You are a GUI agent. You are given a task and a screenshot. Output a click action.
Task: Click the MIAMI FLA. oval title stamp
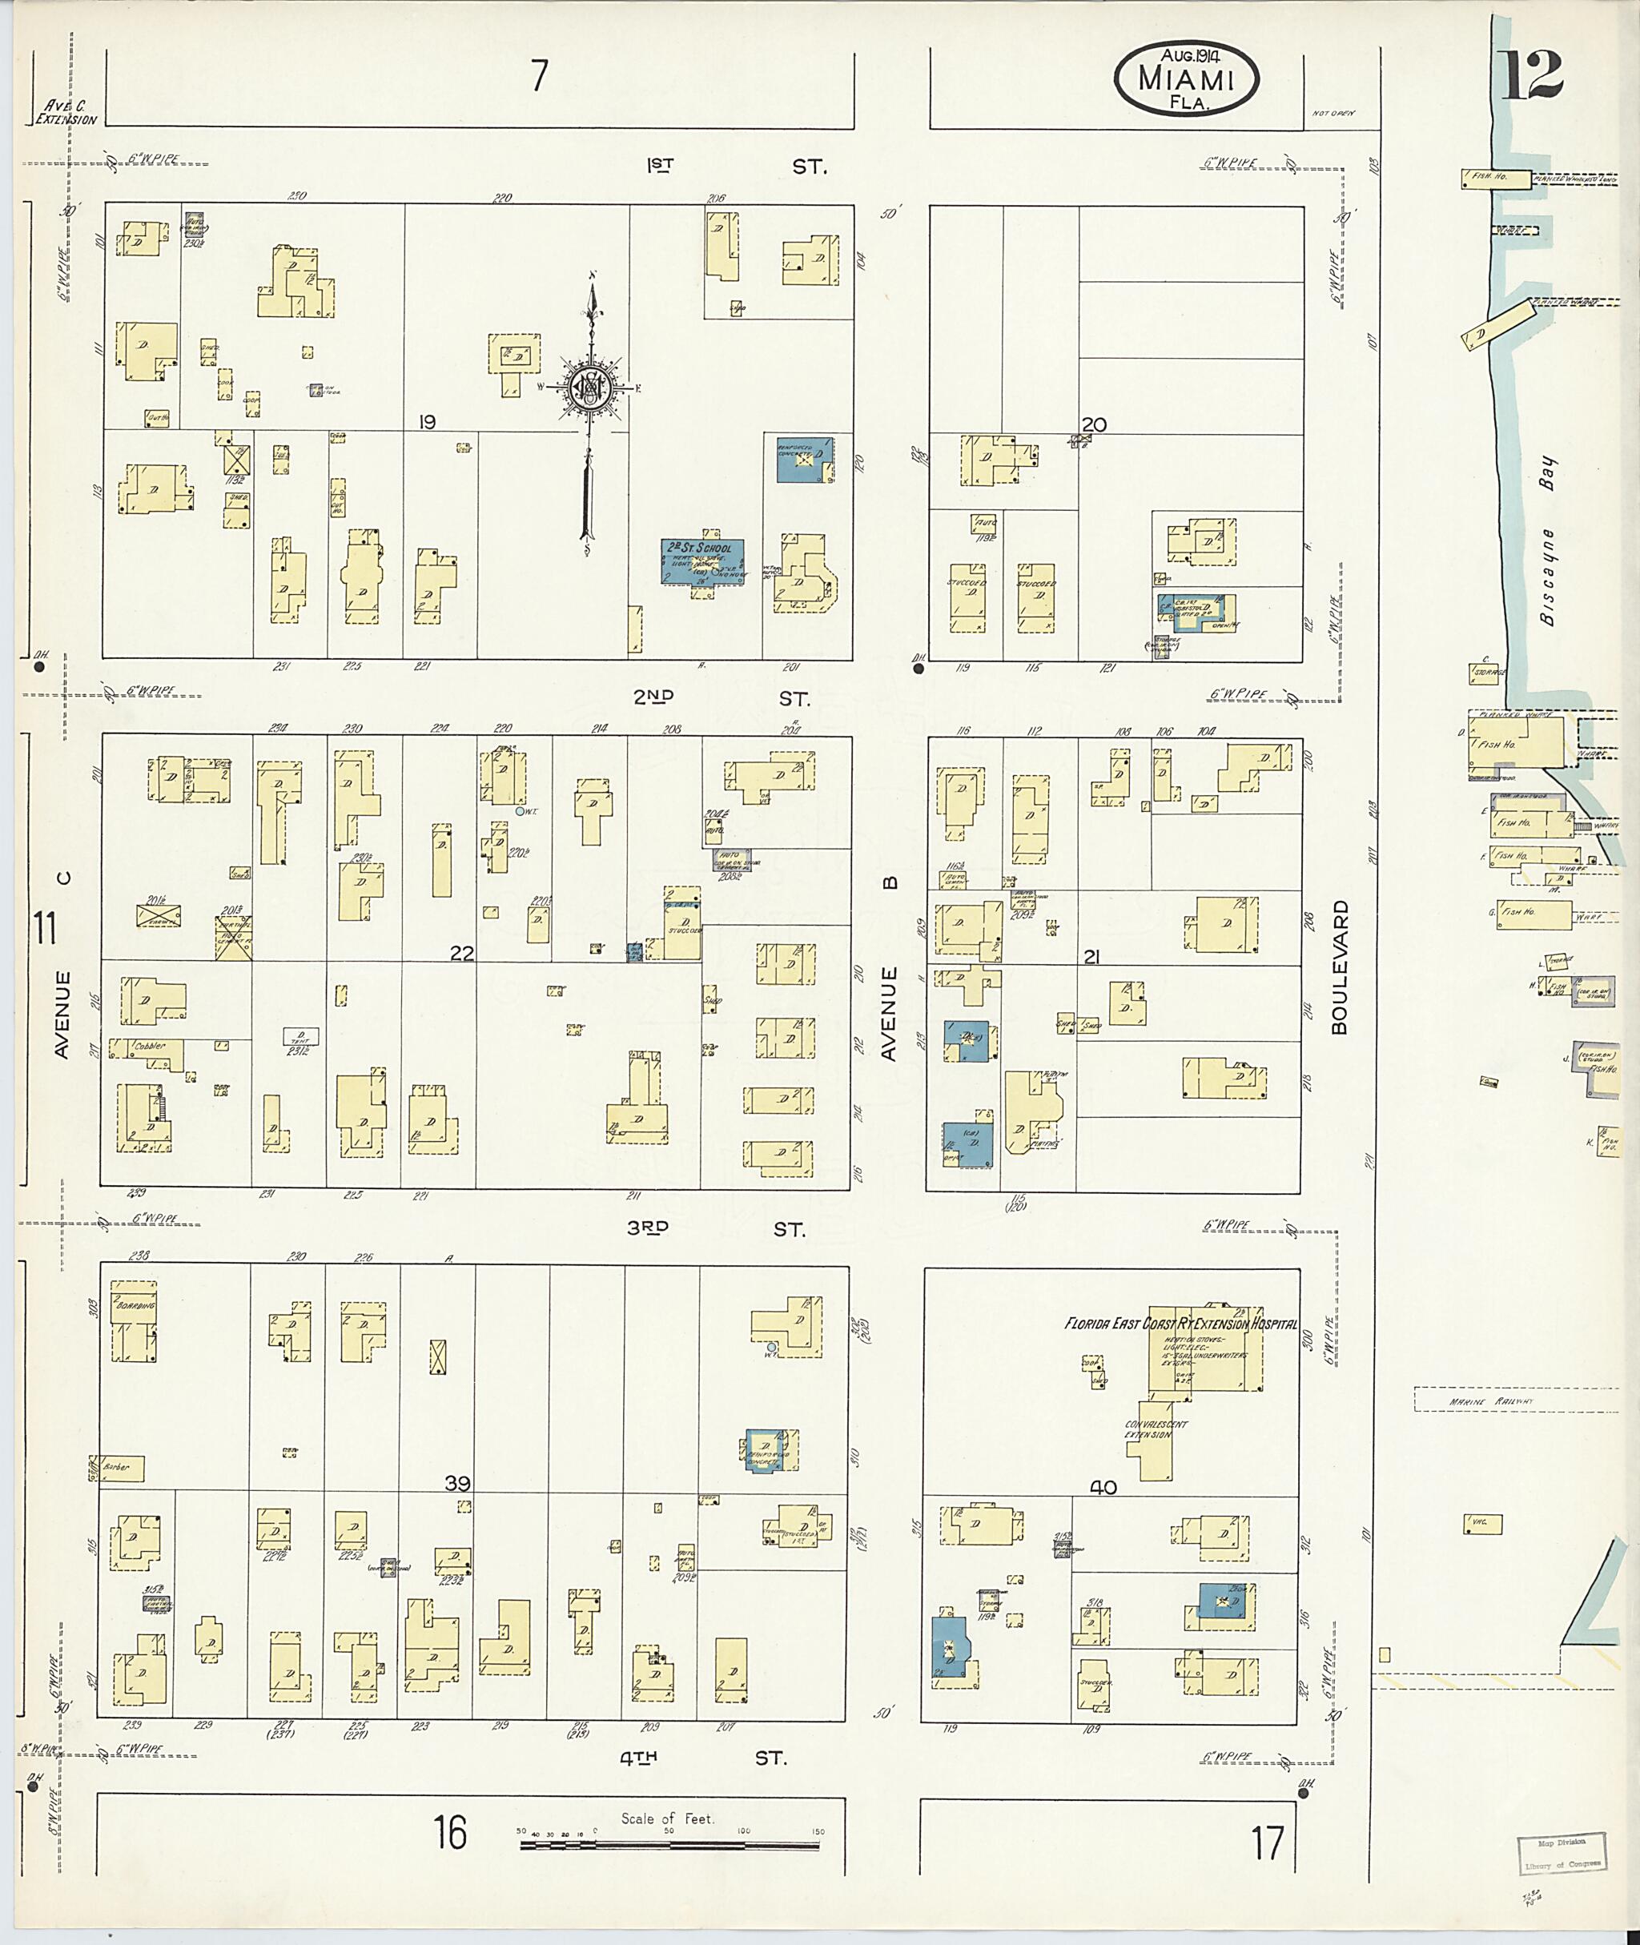[x=1185, y=79]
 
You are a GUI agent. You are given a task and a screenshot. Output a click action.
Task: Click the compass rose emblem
[x=589, y=387]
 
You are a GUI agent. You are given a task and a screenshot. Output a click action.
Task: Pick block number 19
[x=427, y=422]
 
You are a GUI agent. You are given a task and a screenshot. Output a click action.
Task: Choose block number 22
[x=462, y=953]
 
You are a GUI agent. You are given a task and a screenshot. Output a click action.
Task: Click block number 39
[x=456, y=1483]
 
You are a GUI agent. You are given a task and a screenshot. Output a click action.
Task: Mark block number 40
[x=1103, y=1487]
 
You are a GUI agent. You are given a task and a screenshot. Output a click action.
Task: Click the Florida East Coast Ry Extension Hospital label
[x=1180, y=1323]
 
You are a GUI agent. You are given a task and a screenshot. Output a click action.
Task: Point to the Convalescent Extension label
[x=1156, y=1429]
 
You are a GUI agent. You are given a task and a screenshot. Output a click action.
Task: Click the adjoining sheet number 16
[x=450, y=1833]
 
